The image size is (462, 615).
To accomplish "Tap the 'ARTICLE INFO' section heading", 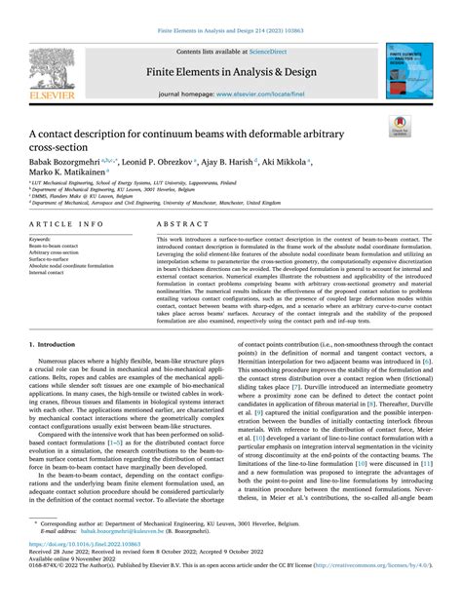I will (53, 223).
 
